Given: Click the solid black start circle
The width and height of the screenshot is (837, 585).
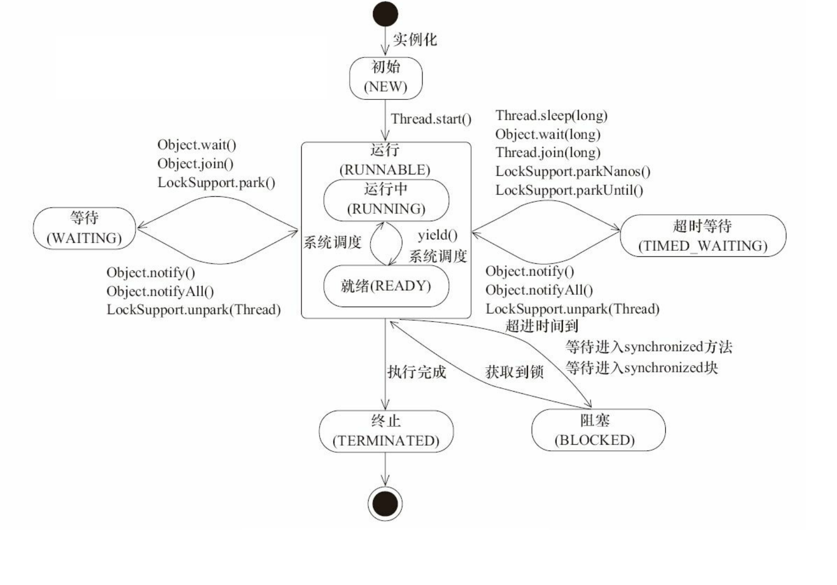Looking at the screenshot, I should [385, 14].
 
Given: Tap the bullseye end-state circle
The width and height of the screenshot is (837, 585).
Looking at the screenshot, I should [385, 504].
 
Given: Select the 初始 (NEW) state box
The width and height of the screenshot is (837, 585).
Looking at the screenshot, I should [386, 78].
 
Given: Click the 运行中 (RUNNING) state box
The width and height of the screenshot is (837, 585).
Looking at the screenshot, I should [386, 200].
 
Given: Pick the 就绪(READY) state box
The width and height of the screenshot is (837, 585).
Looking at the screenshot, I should [386, 286].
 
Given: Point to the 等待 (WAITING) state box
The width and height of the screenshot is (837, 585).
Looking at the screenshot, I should [84, 228].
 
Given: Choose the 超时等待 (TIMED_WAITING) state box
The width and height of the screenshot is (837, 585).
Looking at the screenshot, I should [703, 236].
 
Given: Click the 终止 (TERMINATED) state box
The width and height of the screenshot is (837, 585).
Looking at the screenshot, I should [386, 431].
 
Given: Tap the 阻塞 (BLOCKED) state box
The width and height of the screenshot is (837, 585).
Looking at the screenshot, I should [598, 430].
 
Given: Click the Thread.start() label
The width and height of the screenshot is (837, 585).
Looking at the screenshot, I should [431, 119].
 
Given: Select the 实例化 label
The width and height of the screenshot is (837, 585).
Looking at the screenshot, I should [415, 39].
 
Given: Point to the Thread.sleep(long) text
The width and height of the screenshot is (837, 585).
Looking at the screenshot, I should [551, 116].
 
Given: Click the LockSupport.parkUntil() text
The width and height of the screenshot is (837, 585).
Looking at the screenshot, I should [569, 190].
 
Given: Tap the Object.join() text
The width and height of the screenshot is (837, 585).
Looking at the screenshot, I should [195, 164].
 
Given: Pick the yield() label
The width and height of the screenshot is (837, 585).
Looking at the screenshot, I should [437, 235].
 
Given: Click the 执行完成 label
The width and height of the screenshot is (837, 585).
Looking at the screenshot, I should [417, 372].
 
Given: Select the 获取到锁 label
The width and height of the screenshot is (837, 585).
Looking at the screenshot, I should [514, 372].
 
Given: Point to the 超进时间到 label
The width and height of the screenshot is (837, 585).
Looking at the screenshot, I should [542, 326].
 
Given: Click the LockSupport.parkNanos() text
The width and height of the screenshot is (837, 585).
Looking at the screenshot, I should [572, 172].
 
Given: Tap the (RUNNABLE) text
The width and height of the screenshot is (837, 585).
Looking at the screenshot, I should [385, 170].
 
